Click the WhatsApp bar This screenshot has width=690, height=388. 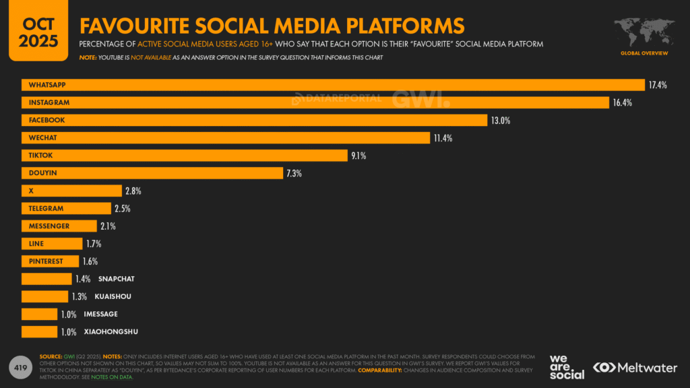(333, 85)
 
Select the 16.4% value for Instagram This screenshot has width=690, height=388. (622, 102)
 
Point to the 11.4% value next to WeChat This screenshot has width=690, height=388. (443, 138)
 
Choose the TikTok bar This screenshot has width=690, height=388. (184, 156)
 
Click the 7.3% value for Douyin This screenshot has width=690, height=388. (293, 173)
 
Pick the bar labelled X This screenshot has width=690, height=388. (71, 191)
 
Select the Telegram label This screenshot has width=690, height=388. (46, 209)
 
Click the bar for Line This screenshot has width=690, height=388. (51, 244)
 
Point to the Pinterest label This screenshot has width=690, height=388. (46, 261)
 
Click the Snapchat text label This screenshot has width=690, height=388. (116, 279)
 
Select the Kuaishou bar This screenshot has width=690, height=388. (44, 296)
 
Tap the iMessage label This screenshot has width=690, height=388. (101, 314)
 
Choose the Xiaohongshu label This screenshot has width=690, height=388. (111, 331)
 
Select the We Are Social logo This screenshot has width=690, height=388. (567, 366)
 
